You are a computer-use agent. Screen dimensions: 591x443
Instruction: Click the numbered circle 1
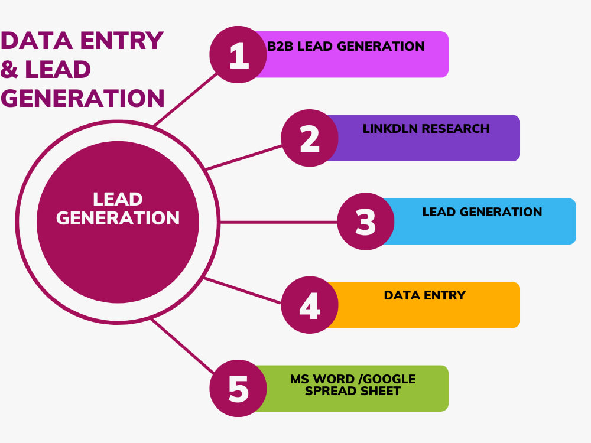tap(238, 54)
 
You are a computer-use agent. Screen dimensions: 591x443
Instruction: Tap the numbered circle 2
tap(310, 138)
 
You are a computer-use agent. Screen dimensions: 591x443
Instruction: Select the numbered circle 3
tap(366, 221)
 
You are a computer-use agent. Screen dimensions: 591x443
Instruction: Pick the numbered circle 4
tap(310, 305)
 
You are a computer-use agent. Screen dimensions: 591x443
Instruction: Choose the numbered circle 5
tap(238, 389)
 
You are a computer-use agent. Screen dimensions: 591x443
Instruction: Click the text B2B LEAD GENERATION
tap(346, 46)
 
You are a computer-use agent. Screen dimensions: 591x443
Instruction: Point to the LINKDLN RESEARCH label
tap(426, 129)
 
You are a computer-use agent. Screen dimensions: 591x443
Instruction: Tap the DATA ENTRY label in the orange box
tap(425, 295)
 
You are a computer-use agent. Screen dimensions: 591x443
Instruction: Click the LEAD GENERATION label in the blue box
tap(482, 212)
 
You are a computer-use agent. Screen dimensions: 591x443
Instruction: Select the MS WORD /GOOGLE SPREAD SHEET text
tap(353, 385)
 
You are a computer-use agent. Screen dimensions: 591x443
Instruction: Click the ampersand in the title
tap(9, 69)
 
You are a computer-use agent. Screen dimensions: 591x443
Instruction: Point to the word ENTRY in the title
tap(122, 41)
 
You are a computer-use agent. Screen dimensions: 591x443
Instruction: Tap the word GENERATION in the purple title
tap(83, 98)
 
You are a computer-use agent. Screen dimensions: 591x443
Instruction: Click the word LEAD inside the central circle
tap(118, 199)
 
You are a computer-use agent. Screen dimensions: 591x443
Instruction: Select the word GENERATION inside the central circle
tap(118, 218)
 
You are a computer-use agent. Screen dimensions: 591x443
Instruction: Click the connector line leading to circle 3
tap(278, 222)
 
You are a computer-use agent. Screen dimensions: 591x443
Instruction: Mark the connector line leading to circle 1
tap(186, 99)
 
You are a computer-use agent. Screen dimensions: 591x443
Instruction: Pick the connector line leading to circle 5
tap(183, 346)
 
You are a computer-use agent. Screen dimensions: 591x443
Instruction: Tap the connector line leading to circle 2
tap(244, 158)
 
